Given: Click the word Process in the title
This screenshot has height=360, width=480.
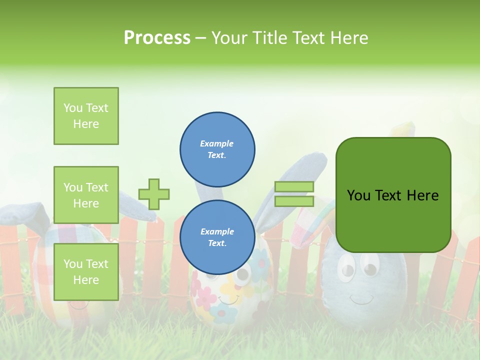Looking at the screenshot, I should (157, 38).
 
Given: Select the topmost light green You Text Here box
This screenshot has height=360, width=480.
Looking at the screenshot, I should (86, 116).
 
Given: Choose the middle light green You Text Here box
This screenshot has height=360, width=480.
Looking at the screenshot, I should (86, 195).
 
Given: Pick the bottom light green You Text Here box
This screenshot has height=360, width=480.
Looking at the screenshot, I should (86, 271).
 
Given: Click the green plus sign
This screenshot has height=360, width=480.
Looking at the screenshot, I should (154, 194).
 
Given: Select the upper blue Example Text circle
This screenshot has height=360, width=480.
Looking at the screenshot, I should (217, 149).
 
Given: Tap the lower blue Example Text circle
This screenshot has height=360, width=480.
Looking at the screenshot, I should (217, 237).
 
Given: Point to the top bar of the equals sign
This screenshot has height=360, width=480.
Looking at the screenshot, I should (294, 187).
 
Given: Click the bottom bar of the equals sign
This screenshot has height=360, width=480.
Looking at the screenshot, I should (294, 201).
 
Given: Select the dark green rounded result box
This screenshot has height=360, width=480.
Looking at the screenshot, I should (393, 195).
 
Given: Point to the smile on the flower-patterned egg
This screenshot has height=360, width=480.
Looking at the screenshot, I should (229, 300).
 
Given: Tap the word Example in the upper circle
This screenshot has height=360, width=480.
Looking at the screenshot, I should (216, 143).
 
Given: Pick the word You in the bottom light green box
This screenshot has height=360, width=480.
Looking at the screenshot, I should (73, 263).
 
